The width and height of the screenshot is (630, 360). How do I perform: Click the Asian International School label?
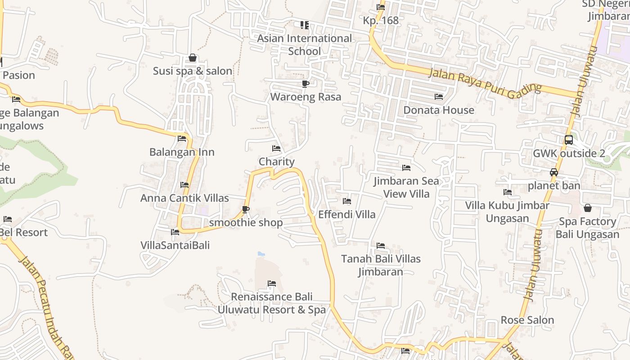305,45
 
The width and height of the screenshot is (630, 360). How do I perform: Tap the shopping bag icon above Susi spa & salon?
193,58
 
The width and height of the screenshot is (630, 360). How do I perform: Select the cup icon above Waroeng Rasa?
306,84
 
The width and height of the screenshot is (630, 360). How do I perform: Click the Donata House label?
439,110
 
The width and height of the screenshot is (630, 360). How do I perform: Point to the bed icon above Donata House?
439,97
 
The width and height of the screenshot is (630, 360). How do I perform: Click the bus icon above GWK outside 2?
569,139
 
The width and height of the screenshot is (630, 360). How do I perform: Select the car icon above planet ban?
554,172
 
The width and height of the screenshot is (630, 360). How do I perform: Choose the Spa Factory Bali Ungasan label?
587,228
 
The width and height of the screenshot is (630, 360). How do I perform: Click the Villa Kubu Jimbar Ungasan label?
507,211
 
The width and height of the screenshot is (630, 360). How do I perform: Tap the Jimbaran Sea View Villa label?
406,187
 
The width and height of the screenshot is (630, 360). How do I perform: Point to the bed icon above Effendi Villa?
347,201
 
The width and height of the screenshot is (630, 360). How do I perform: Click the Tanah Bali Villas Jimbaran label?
381,265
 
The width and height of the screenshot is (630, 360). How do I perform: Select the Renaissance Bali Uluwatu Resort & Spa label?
272,303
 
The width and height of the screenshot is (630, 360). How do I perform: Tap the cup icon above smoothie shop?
246,209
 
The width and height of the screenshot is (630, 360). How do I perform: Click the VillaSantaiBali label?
175,245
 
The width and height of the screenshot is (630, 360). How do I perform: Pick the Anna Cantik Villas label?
184,198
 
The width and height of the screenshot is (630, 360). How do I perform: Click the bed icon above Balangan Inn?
182,139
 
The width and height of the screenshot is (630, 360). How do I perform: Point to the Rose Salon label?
527,320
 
